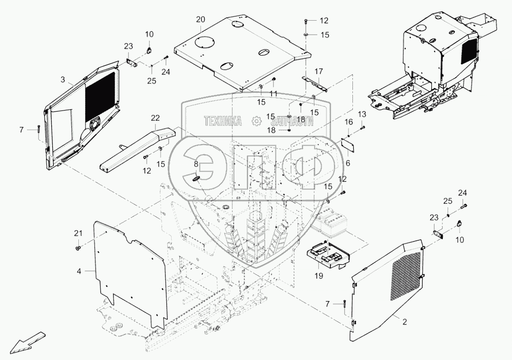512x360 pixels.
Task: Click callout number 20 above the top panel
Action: [201, 19]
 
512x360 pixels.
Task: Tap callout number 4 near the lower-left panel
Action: [79, 271]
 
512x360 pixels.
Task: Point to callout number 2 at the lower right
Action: [405, 322]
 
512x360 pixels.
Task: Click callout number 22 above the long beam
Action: [155, 118]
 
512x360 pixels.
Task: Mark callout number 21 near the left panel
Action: [77, 233]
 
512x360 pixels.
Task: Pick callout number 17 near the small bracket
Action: [319, 71]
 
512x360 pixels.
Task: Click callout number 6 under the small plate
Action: [348, 163]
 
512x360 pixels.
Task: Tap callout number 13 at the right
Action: [362, 114]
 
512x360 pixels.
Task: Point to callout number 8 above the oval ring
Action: [196, 164]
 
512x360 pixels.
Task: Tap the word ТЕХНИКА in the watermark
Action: [223, 122]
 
